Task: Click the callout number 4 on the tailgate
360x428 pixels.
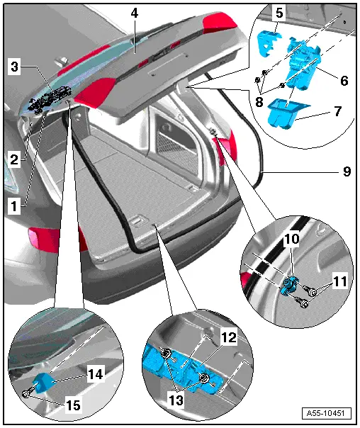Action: coord(134,13)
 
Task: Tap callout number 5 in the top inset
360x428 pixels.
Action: coord(279,13)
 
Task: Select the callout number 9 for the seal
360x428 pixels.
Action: coord(347,171)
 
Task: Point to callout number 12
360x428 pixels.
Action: coord(229,337)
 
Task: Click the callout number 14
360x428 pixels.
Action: coord(96,373)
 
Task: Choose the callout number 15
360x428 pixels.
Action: coord(73,405)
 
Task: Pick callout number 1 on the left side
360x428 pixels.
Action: coord(14,206)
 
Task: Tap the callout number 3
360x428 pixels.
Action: coord(14,67)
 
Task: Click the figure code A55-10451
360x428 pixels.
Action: coord(327,413)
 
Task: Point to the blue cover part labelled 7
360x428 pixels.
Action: coord(286,113)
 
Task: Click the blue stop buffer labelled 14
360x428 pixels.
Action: coord(43,382)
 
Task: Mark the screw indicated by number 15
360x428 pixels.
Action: coord(28,393)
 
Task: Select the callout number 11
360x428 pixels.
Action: coord(340,281)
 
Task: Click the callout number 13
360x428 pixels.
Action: coord(176,400)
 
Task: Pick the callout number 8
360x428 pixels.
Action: coord(259,102)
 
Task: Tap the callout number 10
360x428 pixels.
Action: coord(292,239)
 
